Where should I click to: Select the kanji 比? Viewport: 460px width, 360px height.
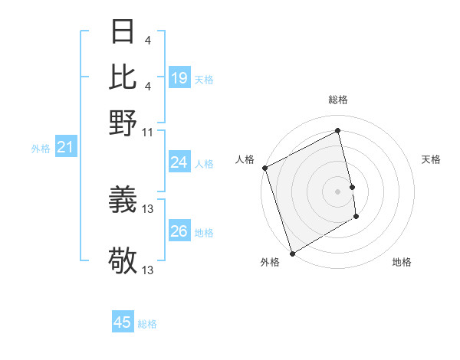[123, 77]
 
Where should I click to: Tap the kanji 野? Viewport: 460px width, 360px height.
[123, 122]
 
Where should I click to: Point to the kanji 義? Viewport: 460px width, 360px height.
[123, 201]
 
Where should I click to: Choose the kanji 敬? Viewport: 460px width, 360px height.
[123, 261]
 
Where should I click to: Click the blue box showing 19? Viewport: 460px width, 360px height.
[179, 78]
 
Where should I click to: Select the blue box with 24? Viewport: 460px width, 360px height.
[179, 162]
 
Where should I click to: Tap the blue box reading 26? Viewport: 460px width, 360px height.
[179, 231]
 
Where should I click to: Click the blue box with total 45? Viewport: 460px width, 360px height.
[123, 322]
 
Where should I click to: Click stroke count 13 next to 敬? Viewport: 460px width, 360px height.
[147, 270]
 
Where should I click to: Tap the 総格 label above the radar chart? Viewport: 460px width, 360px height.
[337, 100]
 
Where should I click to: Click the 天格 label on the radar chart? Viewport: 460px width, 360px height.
[431, 159]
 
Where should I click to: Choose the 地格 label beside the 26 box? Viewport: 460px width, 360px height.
[204, 233]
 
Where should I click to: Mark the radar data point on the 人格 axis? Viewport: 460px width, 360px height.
[264, 168]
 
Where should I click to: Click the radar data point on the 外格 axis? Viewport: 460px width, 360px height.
[292, 254]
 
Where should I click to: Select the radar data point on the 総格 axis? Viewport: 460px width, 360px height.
[337, 131]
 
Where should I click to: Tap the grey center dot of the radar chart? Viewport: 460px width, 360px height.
[337, 191]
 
